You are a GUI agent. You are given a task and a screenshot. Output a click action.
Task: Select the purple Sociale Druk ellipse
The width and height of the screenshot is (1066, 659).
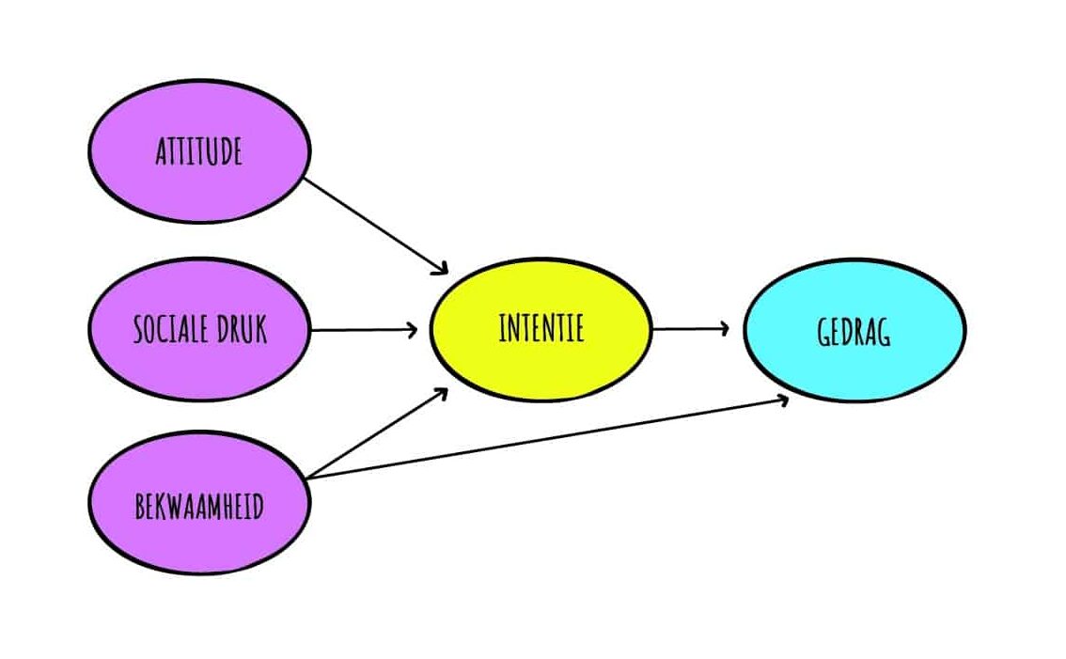click(x=199, y=367)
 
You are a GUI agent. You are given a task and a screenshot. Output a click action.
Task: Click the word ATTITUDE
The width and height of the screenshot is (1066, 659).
click(x=199, y=150)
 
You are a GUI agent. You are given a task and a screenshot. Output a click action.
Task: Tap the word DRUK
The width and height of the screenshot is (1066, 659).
click(x=243, y=330)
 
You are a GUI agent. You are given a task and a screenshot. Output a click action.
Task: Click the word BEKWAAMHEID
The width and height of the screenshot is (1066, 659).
click(x=199, y=508)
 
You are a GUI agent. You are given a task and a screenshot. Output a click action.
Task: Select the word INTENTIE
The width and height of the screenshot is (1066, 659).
click(x=541, y=328)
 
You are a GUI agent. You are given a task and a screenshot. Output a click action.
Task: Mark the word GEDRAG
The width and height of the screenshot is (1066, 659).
click(x=854, y=332)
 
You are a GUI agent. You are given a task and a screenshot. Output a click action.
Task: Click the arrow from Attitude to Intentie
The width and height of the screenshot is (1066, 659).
click(x=376, y=226)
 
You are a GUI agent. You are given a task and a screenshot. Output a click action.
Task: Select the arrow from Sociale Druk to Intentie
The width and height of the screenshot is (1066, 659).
click(x=362, y=330)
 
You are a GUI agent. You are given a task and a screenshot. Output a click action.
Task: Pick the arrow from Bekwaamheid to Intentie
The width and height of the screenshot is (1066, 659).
click(x=376, y=433)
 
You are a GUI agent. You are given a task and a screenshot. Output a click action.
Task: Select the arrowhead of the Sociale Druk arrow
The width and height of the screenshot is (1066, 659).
click(x=413, y=330)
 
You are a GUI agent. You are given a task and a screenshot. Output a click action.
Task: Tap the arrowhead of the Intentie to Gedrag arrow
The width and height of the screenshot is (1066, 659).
click(x=724, y=329)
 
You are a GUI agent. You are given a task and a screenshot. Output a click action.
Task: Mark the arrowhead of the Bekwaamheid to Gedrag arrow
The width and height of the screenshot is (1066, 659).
click(x=782, y=400)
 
